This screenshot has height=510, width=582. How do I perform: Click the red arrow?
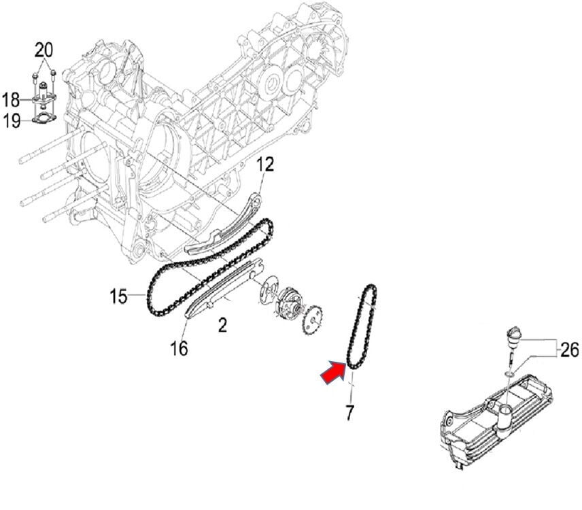(x=333, y=373)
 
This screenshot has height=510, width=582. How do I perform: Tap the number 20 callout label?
(x=44, y=50)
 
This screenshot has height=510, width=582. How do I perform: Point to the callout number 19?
(x=11, y=122)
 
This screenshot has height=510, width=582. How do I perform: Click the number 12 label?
(x=265, y=165)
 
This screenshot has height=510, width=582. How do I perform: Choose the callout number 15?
(x=119, y=296)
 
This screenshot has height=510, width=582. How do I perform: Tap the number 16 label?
(x=179, y=348)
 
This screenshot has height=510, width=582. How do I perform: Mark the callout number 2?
(x=222, y=326)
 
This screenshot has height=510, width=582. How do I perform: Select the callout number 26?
(x=570, y=350)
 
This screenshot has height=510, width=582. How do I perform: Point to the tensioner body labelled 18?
(x=44, y=99)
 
